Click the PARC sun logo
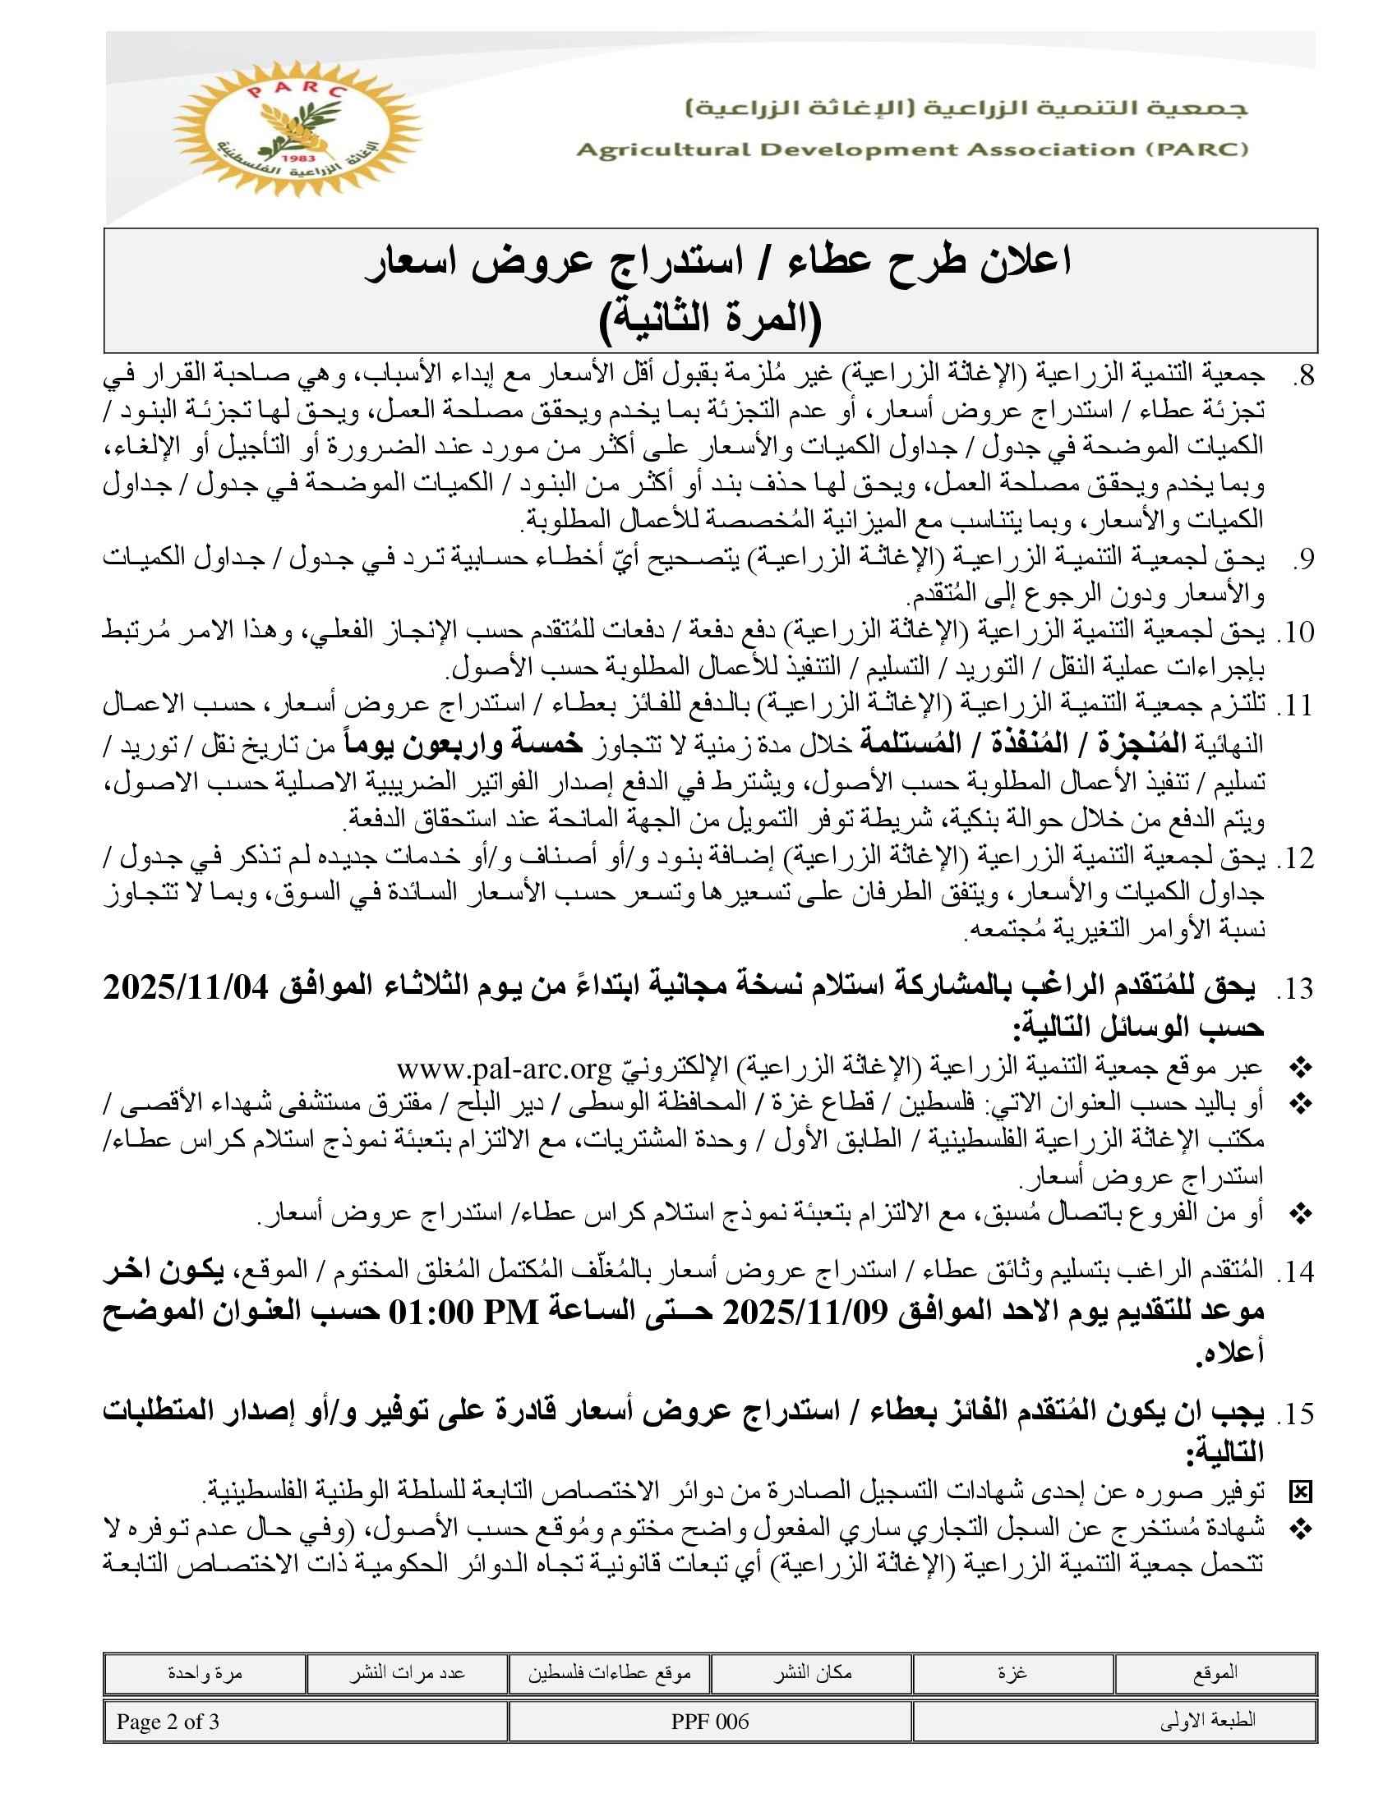297,129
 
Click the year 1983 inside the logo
295,157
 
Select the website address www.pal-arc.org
503,1069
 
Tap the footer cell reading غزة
1013,1672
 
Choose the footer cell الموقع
1215,1672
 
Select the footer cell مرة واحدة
205,1672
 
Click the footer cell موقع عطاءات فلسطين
610,1672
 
